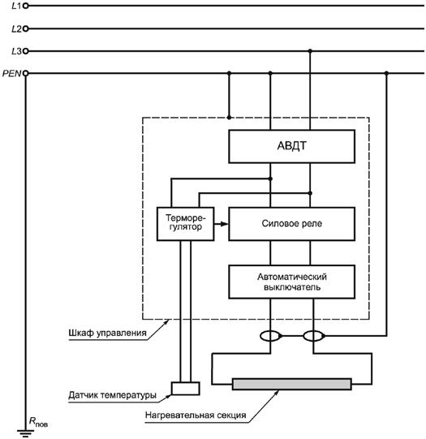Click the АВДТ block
[291, 146]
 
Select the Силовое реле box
[291, 224]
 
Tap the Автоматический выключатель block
[291, 282]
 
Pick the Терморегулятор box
[185, 224]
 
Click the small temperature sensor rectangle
[185, 389]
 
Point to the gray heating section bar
[291, 384]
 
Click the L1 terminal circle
[25, 6]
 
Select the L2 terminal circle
[25, 28]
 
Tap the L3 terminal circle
[25, 51]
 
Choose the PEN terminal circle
[25, 73]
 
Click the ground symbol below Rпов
[25, 433]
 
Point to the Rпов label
[38, 422]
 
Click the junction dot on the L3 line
[310, 51]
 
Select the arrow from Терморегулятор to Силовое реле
[222, 224]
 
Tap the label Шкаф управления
[107, 333]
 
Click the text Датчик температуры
[112, 395]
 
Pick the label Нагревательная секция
[196, 415]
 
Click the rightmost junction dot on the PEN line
[386, 73]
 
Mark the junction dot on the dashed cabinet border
[229, 118]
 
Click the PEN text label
[11, 73]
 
